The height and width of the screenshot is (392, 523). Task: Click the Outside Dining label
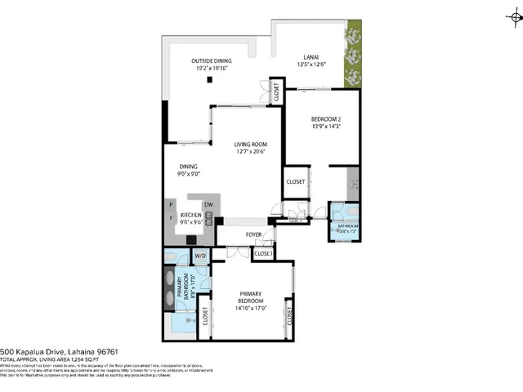tap(211, 61)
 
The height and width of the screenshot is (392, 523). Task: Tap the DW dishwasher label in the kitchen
tap(208, 204)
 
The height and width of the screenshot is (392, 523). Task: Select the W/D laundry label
tap(199, 256)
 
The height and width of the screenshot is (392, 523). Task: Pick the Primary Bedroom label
tap(251, 297)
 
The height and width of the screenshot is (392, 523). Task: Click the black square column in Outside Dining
tap(210, 79)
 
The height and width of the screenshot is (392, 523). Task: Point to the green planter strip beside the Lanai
tap(352, 57)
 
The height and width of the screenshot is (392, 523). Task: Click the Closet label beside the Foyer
tap(262, 254)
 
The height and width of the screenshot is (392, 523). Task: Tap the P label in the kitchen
tap(170, 205)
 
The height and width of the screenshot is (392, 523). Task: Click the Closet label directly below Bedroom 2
tap(294, 181)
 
